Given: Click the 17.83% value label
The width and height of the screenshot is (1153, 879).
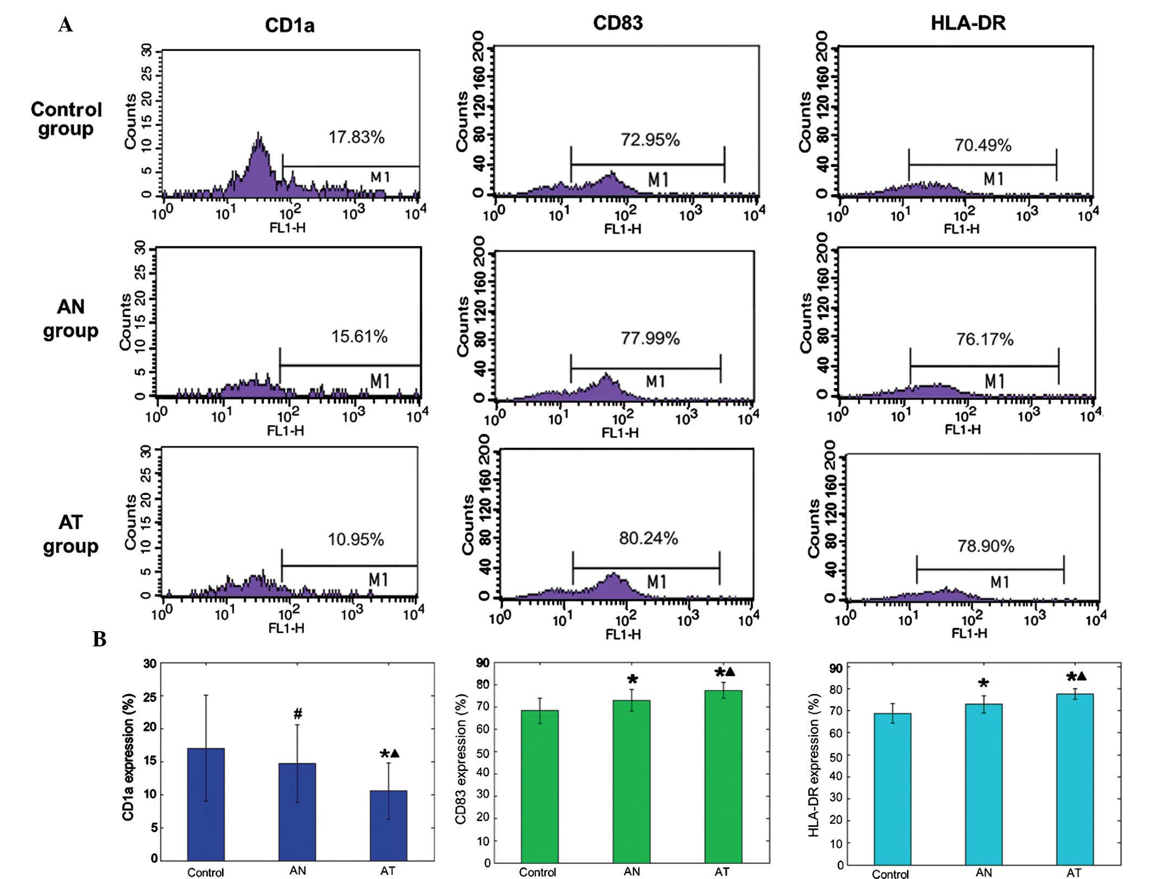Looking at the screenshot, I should [356, 137].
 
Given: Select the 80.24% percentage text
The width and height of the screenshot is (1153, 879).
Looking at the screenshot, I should [648, 538].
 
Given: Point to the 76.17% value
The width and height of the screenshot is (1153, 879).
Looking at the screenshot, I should [984, 339].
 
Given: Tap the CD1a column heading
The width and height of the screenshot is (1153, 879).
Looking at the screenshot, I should [289, 25].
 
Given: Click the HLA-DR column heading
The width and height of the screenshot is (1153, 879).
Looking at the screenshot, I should [968, 23].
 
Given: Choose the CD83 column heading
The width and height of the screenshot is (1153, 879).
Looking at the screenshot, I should [618, 23].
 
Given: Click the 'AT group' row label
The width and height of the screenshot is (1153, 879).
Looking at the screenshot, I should [71, 534].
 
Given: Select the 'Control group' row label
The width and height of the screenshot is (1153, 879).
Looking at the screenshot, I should [66, 119].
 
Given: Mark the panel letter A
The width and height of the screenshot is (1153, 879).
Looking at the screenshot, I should [65, 25].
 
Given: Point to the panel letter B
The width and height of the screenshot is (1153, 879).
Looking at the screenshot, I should [99, 640].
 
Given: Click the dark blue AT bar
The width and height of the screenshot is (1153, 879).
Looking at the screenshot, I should [388, 825].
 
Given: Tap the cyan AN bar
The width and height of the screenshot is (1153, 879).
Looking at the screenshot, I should [983, 784].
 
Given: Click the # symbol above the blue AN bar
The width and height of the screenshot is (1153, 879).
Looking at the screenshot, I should [298, 714].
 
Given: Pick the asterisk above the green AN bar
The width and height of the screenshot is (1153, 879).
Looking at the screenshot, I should [632, 680].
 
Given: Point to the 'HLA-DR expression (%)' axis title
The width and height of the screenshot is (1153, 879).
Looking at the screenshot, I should [813, 765].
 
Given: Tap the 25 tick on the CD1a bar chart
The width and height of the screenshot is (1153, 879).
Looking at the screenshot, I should [150, 696].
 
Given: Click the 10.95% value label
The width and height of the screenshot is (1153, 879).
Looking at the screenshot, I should [356, 540].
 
